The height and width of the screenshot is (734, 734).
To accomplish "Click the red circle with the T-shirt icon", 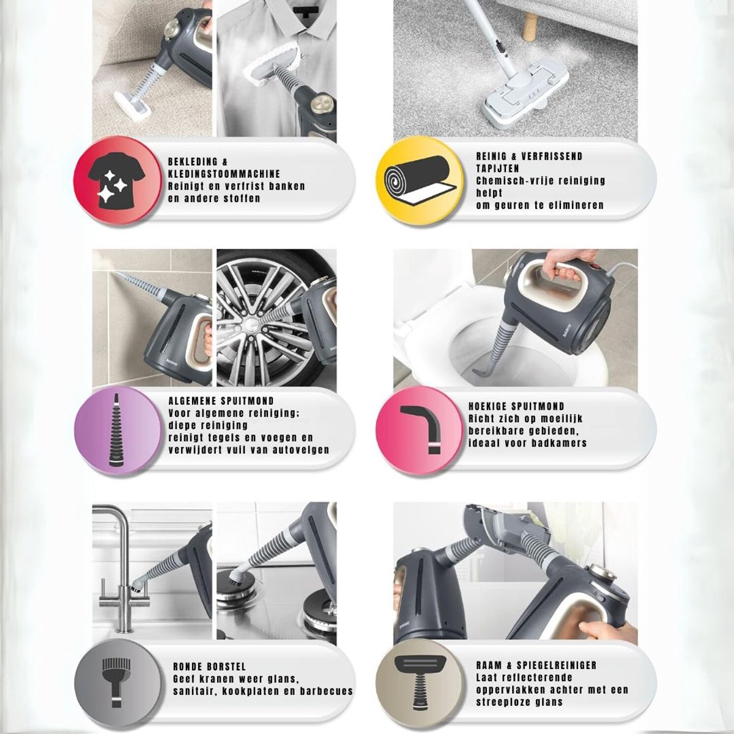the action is click(116, 180).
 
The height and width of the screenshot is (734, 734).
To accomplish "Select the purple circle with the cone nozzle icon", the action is click(117, 431).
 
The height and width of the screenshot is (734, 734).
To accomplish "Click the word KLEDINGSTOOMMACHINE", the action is click(224, 174).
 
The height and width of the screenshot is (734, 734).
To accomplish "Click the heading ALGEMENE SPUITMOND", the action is click(221, 401).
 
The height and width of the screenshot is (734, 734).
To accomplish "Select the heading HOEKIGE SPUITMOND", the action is click(516, 406).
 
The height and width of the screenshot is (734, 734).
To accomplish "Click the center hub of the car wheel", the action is click(252, 324).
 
